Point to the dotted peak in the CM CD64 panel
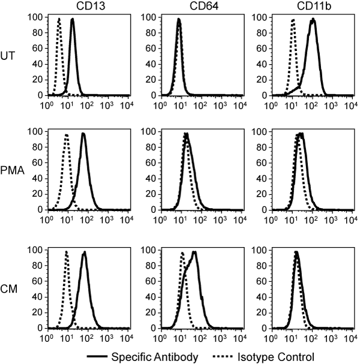(182, 253)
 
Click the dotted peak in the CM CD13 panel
(66, 251)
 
